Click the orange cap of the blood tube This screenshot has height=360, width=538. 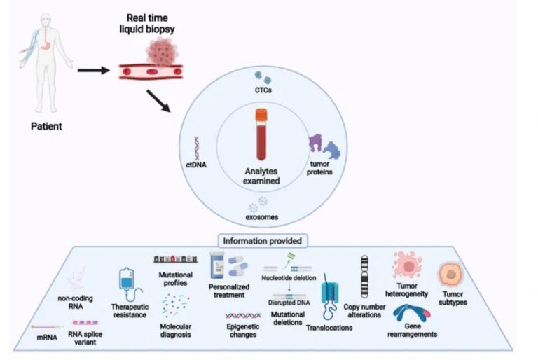pyautogui.click(x=261, y=115)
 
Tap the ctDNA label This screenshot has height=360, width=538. pyautogui.click(x=196, y=165)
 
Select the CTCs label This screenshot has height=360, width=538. pyautogui.click(x=263, y=90)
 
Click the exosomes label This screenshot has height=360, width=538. pyautogui.click(x=262, y=217)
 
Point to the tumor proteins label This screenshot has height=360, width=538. pyautogui.click(x=319, y=168)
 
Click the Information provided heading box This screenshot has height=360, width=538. pyautogui.click(x=263, y=241)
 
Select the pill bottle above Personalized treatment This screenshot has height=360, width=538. pyautogui.click(x=217, y=265)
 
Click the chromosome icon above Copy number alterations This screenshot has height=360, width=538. pyautogui.click(x=364, y=277)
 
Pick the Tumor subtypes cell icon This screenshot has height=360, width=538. pyautogui.click(x=450, y=275)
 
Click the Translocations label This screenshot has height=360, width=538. pyautogui.click(x=329, y=328)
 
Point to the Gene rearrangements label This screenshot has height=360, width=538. pyautogui.click(x=412, y=330)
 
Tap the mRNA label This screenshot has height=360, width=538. pyautogui.click(x=47, y=338)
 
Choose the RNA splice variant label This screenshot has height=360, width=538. pyautogui.click(x=85, y=338)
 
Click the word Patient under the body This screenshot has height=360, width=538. pyautogui.click(x=46, y=126)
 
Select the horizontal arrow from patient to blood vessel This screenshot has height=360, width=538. pyautogui.click(x=94, y=71)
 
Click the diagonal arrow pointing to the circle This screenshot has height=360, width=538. pyautogui.click(x=158, y=101)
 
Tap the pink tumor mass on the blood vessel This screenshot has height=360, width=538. pyautogui.click(x=163, y=51)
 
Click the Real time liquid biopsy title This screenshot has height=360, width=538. pyautogui.click(x=147, y=23)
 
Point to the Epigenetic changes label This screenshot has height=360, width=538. pyautogui.click(x=243, y=331)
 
